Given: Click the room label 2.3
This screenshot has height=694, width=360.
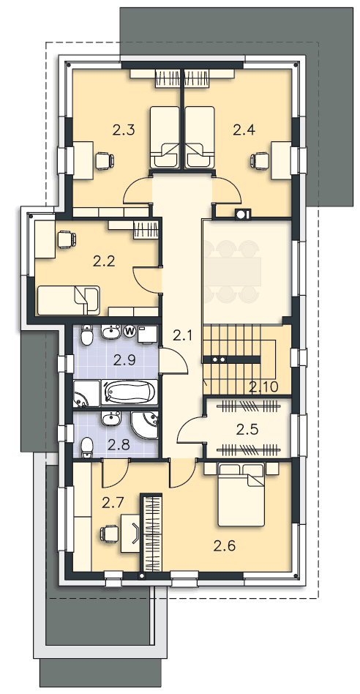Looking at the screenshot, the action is pos(124,130).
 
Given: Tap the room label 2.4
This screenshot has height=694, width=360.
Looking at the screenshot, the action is pos(244,130).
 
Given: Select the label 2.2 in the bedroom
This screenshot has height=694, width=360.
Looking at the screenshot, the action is pos(105,261).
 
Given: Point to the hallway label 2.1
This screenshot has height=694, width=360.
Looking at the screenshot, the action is pos(183,336).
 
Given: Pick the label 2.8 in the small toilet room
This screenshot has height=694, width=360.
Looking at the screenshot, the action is pos(119,444).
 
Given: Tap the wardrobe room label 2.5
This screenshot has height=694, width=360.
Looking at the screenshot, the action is pos(247,429).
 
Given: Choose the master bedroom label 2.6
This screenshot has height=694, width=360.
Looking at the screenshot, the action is pos(225,546).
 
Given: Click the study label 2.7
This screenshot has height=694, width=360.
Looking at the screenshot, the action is pos(113,502).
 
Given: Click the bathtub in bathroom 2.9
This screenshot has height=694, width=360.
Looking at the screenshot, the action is pos(129,392).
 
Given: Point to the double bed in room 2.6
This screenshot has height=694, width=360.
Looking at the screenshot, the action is pos(241,493).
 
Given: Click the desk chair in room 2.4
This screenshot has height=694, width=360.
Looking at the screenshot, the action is pos(259,160).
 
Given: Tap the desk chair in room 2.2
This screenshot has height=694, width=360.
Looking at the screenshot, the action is pos(67,239).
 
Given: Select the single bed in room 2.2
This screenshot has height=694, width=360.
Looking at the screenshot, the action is pos(69,299).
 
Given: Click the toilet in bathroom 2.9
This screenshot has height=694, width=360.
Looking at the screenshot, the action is pos(87,336).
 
